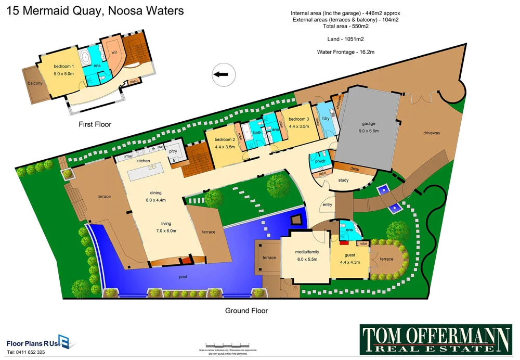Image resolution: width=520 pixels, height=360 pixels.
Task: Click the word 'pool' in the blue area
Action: click(x=183, y=277)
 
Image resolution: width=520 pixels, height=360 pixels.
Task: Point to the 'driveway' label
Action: click(x=432, y=133)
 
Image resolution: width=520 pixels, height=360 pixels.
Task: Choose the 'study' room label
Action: click(x=343, y=181)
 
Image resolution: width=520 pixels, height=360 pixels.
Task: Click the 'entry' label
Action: click(x=327, y=205)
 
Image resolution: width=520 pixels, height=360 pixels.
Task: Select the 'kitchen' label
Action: click(x=143, y=161)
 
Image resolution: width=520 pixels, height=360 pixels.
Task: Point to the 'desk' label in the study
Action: click(x=355, y=169)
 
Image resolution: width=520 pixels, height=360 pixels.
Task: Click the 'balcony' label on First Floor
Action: click(x=35, y=83)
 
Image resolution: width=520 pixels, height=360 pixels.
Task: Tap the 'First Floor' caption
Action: click(x=95, y=124)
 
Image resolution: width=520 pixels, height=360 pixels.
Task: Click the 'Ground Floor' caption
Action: click(x=246, y=311)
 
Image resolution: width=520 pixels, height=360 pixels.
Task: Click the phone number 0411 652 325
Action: click(x=26, y=352)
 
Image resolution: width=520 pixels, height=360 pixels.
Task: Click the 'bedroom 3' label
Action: click(x=299, y=119)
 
